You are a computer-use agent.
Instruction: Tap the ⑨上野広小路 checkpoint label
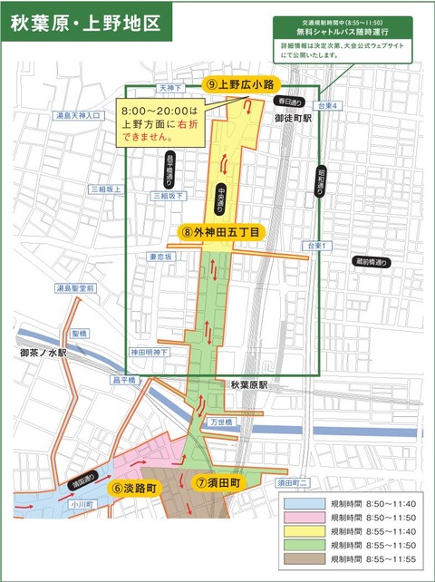pyautogui.click(x=240, y=84)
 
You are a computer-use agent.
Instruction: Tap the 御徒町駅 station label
pyautogui.click(x=292, y=118)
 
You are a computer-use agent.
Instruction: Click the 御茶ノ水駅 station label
pyautogui.click(x=44, y=353)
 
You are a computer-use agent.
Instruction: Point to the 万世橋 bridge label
pyautogui.click(x=223, y=422)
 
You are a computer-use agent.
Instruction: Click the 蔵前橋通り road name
pyautogui.click(x=372, y=263)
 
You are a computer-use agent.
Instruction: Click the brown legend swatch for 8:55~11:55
pyautogui.click(x=304, y=563)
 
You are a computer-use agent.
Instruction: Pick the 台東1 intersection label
pyautogui.click(x=315, y=246)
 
